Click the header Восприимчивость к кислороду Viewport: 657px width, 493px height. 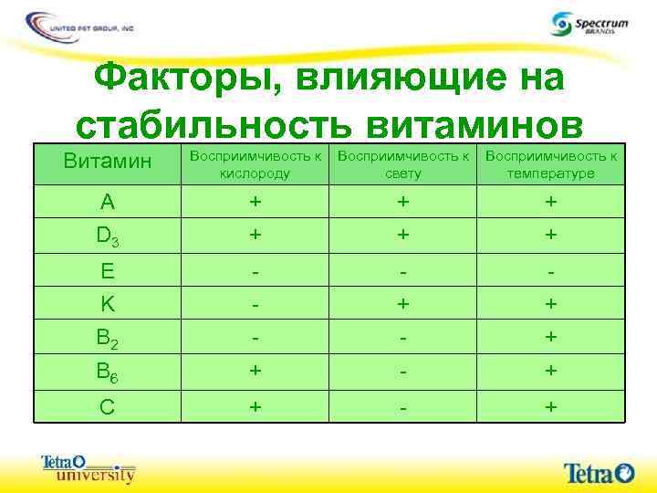click(x=255, y=164)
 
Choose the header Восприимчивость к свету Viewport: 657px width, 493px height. click(x=403, y=164)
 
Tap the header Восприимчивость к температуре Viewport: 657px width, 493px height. click(x=551, y=164)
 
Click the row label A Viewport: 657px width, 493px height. click(x=107, y=201)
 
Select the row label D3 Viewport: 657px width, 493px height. click(x=108, y=236)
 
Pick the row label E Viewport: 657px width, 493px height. click(x=107, y=271)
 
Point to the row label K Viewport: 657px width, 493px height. click(x=107, y=302)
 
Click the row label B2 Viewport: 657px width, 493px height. click(x=108, y=337)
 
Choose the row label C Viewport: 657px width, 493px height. click(x=107, y=406)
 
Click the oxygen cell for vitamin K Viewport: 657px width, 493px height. click(x=255, y=302)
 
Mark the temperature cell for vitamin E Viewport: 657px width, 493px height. click(x=551, y=271)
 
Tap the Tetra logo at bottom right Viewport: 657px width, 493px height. click(x=599, y=472)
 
